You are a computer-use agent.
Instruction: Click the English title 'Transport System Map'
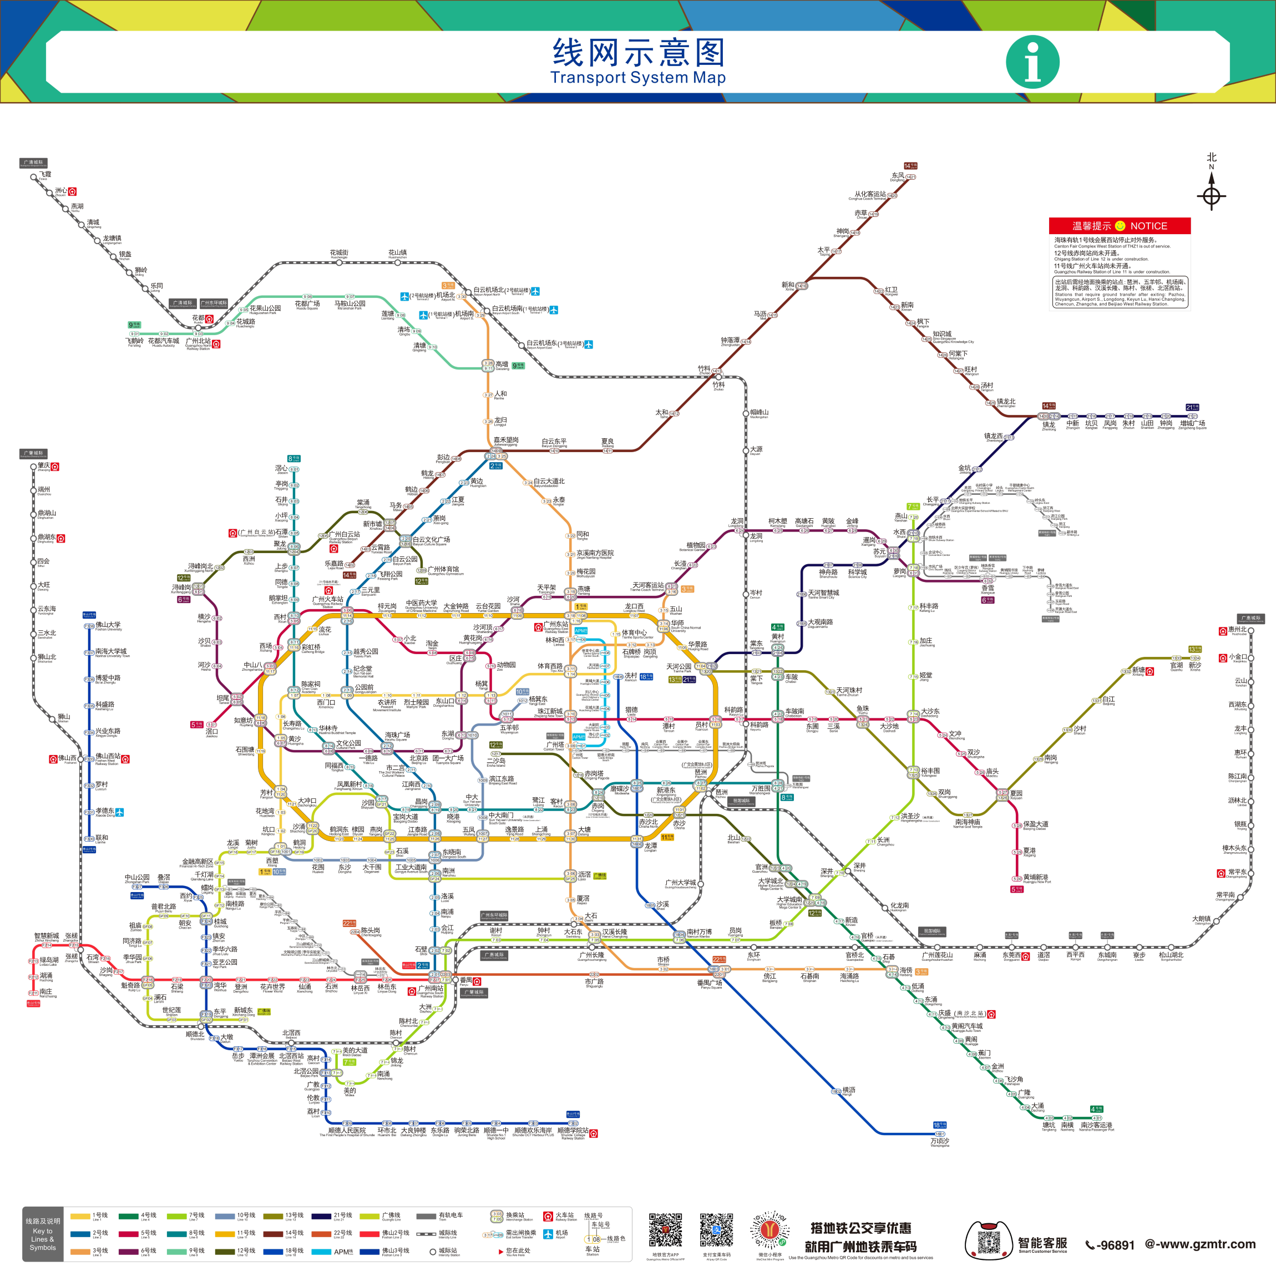coord(638,78)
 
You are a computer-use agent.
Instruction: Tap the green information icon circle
coord(1032,62)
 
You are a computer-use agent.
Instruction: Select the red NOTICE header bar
coord(1120,226)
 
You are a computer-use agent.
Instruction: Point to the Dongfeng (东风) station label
coord(898,176)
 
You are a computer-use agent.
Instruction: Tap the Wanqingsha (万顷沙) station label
coord(940,1141)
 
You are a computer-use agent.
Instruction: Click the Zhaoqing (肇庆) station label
coord(44,465)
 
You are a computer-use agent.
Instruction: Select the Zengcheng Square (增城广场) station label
coord(1192,423)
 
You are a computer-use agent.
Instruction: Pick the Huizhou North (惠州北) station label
coord(1237,630)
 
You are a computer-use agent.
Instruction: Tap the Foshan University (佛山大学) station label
coord(108,625)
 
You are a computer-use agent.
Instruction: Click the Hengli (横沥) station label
coord(849,1090)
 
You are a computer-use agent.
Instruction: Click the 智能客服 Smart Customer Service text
coord(1042,1244)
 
